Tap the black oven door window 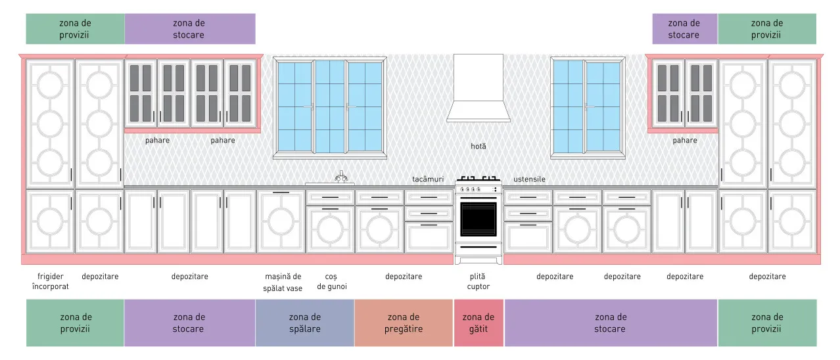pyautogui.click(x=478, y=219)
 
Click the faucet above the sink pyautogui.click(x=341, y=177)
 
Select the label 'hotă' pyautogui.click(x=478, y=146)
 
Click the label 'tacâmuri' pyautogui.click(x=428, y=179)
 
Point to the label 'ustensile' pyautogui.click(x=529, y=179)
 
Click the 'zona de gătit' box pyautogui.click(x=478, y=323)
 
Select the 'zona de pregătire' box pyautogui.click(x=404, y=323)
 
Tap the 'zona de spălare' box pyautogui.click(x=305, y=323)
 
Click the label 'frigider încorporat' pyautogui.click(x=50, y=281)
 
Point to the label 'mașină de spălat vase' pyautogui.click(x=283, y=282)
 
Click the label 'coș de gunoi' pyautogui.click(x=331, y=281)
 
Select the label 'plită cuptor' pyautogui.click(x=478, y=281)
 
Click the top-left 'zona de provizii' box pyautogui.click(x=75, y=29)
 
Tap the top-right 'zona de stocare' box pyautogui.click(x=685, y=29)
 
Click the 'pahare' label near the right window pyautogui.click(x=685, y=140)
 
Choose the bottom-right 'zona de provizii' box pyautogui.click(x=767, y=323)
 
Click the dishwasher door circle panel pyautogui.click(x=281, y=221)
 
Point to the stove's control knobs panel pyautogui.click(x=478, y=189)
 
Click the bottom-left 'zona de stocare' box pyautogui.click(x=189, y=323)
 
